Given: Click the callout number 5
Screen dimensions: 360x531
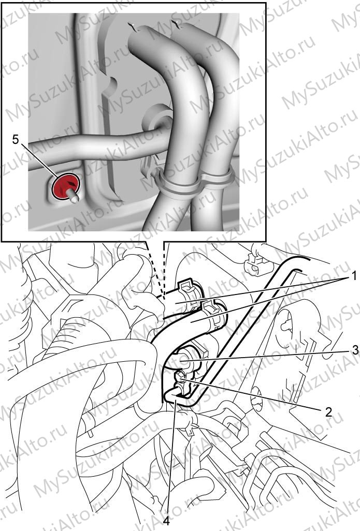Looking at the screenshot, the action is coord(16,139).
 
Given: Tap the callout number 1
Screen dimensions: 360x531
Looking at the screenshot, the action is coord(344,277).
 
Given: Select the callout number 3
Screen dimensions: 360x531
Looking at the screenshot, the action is coord(355,350).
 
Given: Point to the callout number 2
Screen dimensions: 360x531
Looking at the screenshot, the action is coord(328,412).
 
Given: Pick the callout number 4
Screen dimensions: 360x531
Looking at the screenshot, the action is coord(166,521).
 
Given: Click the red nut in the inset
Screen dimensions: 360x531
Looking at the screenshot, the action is coord(65,186).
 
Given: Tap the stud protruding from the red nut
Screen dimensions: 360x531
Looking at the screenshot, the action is coord(73,196).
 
